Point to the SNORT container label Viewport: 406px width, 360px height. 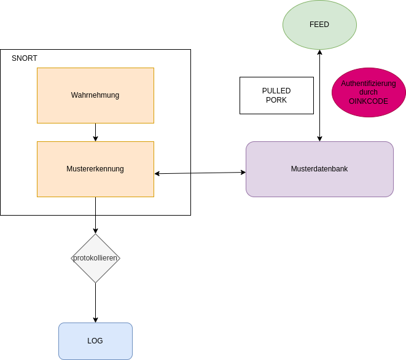[25, 58]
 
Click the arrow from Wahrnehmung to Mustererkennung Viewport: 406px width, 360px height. [95, 132]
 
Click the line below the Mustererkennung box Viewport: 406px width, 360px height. [95, 206]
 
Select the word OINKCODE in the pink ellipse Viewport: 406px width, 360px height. [369, 101]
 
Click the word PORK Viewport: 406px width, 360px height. [276, 100]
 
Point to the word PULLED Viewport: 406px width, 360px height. [276, 91]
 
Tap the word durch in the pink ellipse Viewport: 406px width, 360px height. [369, 92]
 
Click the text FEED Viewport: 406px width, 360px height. [319, 25]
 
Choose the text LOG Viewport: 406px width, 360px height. [95, 341]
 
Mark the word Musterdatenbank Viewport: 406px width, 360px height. [319, 169]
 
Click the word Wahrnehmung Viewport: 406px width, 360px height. [95, 95]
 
